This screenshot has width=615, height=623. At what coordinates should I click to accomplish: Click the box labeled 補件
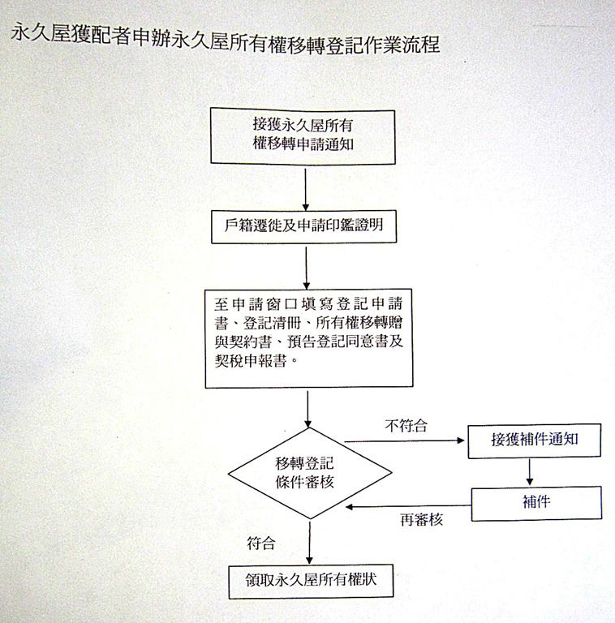(537, 503)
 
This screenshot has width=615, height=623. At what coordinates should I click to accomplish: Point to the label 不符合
(406, 425)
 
